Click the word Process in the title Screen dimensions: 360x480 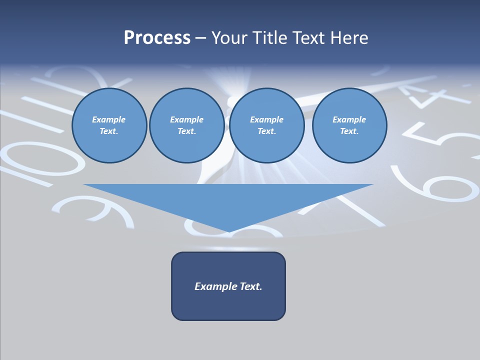pyautogui.click(x=157, y=38)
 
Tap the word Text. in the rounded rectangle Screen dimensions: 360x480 pyautogui.click(x=251, y=286)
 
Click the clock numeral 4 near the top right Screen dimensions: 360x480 pyautogui.click(x=430, y=95)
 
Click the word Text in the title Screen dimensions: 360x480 pyautogui.click(x=308, y=38)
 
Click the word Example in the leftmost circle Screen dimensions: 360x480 pyautogui.click(x=109, y=119)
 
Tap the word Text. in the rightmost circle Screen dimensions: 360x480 pyautogui.click(x=349, y=131)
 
